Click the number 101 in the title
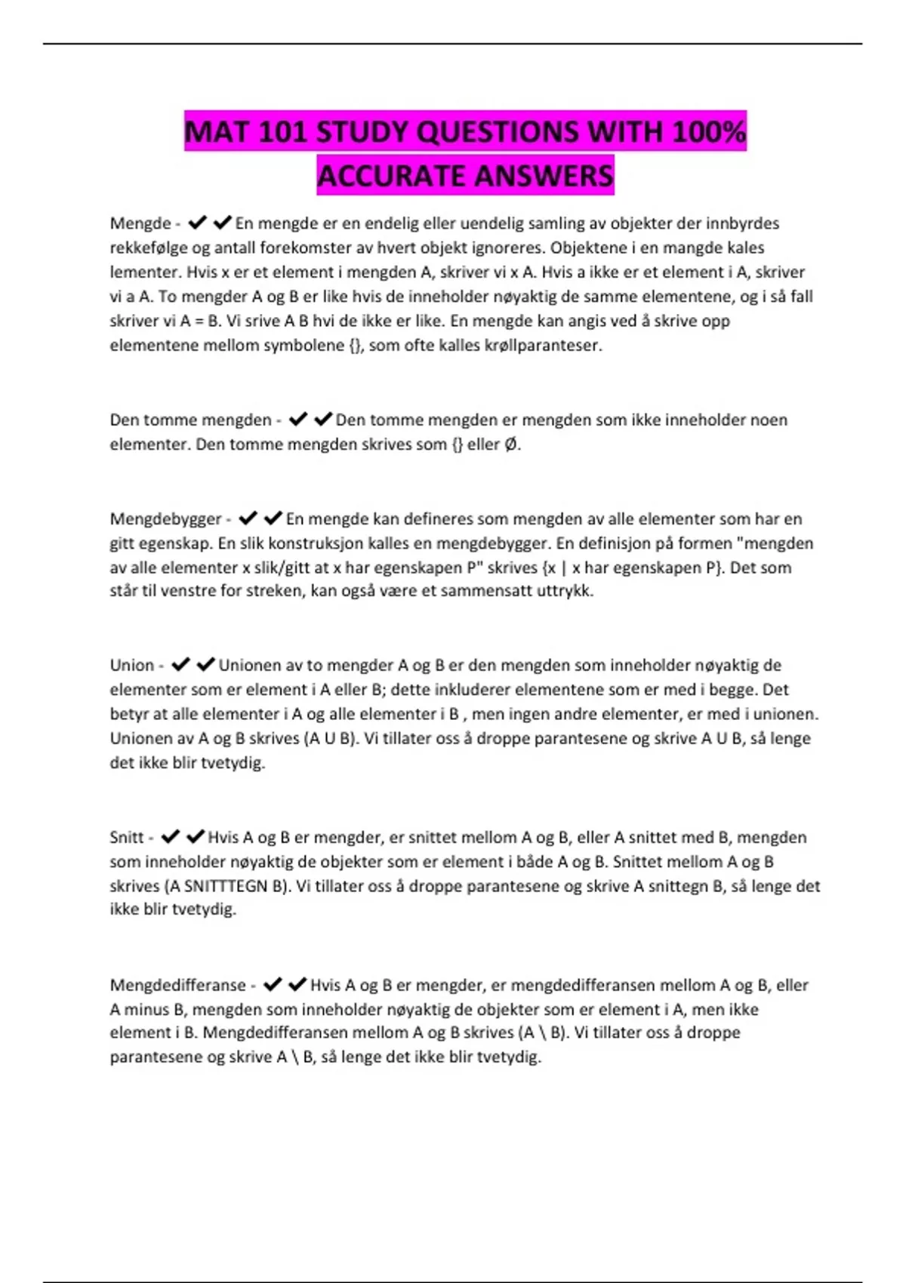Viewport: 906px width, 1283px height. (x=282, y=132)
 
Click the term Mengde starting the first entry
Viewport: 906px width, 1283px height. (x=140, y=223)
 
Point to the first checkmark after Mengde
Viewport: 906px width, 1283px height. (x=197, y=223)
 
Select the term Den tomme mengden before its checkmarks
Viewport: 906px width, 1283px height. (x=190, y=420)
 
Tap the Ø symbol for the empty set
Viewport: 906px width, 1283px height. (x=511, y=445)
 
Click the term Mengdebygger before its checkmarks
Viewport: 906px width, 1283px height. (x=166, y=519)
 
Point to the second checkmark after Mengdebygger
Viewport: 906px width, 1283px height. (x=273, y=518)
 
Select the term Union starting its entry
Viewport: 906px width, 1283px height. (x=132, y=666)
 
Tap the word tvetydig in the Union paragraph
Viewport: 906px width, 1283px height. (x=233, y=763)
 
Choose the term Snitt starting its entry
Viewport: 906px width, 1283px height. (x=127, y=838)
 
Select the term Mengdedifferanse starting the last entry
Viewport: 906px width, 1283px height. (x=178, y=986)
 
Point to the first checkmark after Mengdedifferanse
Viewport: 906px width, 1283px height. (x=273, y=985)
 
